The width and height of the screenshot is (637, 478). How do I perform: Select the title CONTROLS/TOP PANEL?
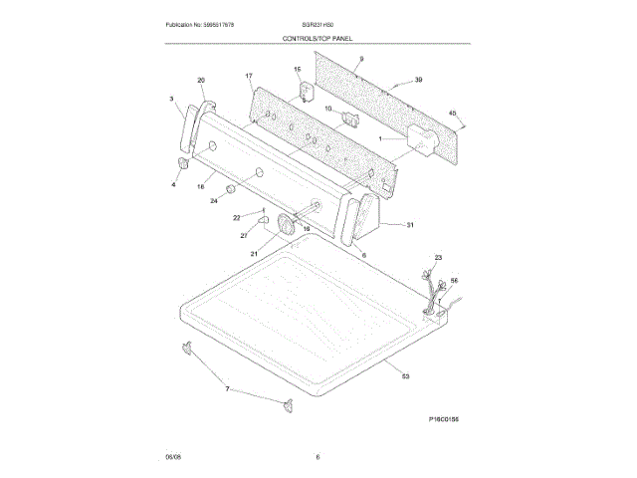point(318,38)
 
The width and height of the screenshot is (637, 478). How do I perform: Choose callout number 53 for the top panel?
point(405,376)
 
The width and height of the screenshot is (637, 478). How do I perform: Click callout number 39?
point(418,79)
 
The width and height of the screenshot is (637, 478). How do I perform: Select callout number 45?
point(452,113)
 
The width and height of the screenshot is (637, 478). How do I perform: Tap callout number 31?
point(409,225)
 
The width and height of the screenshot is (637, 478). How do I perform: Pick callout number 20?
point(201,80)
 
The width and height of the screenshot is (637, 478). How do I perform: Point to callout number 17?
point(249,76)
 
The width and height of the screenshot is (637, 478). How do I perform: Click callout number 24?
point(213,201)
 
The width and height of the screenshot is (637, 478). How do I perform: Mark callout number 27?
point(243,236)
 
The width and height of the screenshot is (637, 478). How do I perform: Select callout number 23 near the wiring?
point(438,258)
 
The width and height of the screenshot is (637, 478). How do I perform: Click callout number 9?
point(362,61)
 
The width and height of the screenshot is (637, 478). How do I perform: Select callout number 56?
point(454,282)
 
